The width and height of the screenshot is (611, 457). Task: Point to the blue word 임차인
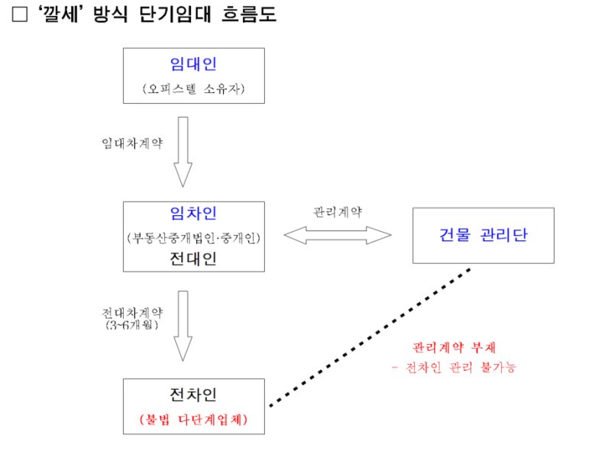click(x=193, y=214)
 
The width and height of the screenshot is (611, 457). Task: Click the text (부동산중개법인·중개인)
click(x=194, y=238)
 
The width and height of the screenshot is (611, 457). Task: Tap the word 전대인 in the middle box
click(x=193, y=259)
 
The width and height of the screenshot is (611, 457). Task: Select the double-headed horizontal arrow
click(x=338, y=235)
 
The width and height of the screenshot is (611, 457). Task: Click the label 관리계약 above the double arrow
click(x=338, y=211)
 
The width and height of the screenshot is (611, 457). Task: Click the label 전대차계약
click(x=132, y=313)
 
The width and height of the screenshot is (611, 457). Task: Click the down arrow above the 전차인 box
click(x=183, y=325)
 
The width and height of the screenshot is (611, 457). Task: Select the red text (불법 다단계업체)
click(x=194, y=419)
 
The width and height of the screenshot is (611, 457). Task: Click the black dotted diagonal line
click(x=370, y=336)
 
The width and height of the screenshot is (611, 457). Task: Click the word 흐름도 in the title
click(x=251, y=14)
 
